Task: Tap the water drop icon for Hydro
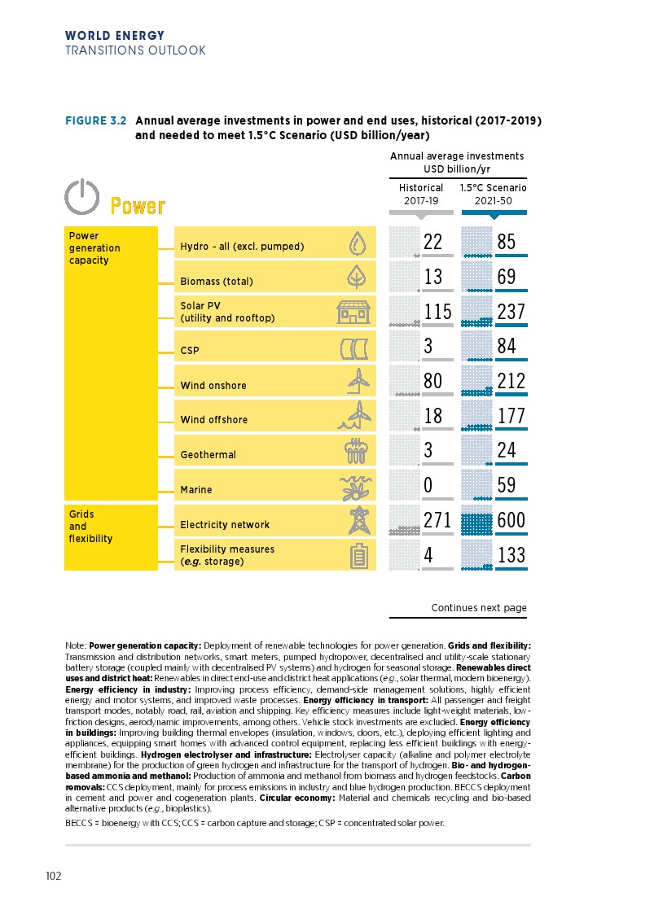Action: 356,243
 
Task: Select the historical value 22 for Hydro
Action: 433,242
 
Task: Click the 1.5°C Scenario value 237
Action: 511,312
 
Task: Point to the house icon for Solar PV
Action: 354,312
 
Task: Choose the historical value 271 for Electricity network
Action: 437,520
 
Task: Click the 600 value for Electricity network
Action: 511,520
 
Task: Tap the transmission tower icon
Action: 357,521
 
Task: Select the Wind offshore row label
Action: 213,420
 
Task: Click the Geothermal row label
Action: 208,455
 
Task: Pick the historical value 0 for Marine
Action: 428,485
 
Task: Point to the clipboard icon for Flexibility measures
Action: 357,556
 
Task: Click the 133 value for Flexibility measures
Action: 511,555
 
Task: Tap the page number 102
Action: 54,877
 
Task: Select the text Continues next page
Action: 478,608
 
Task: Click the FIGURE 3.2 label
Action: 95,121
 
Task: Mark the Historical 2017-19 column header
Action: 421,194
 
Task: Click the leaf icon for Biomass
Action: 356,278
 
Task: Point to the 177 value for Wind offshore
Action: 511,416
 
